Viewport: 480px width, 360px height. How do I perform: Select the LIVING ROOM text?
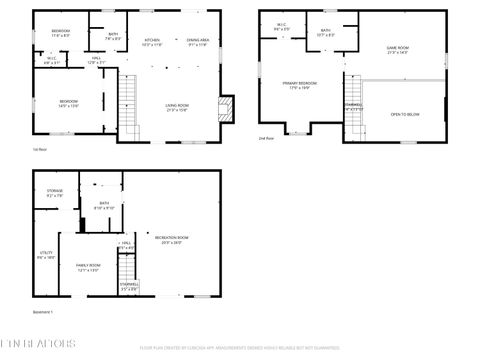pyautogui.click(x=177, y=107)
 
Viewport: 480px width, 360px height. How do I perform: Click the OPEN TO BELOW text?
pyautogui.click(x=404, y=114)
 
